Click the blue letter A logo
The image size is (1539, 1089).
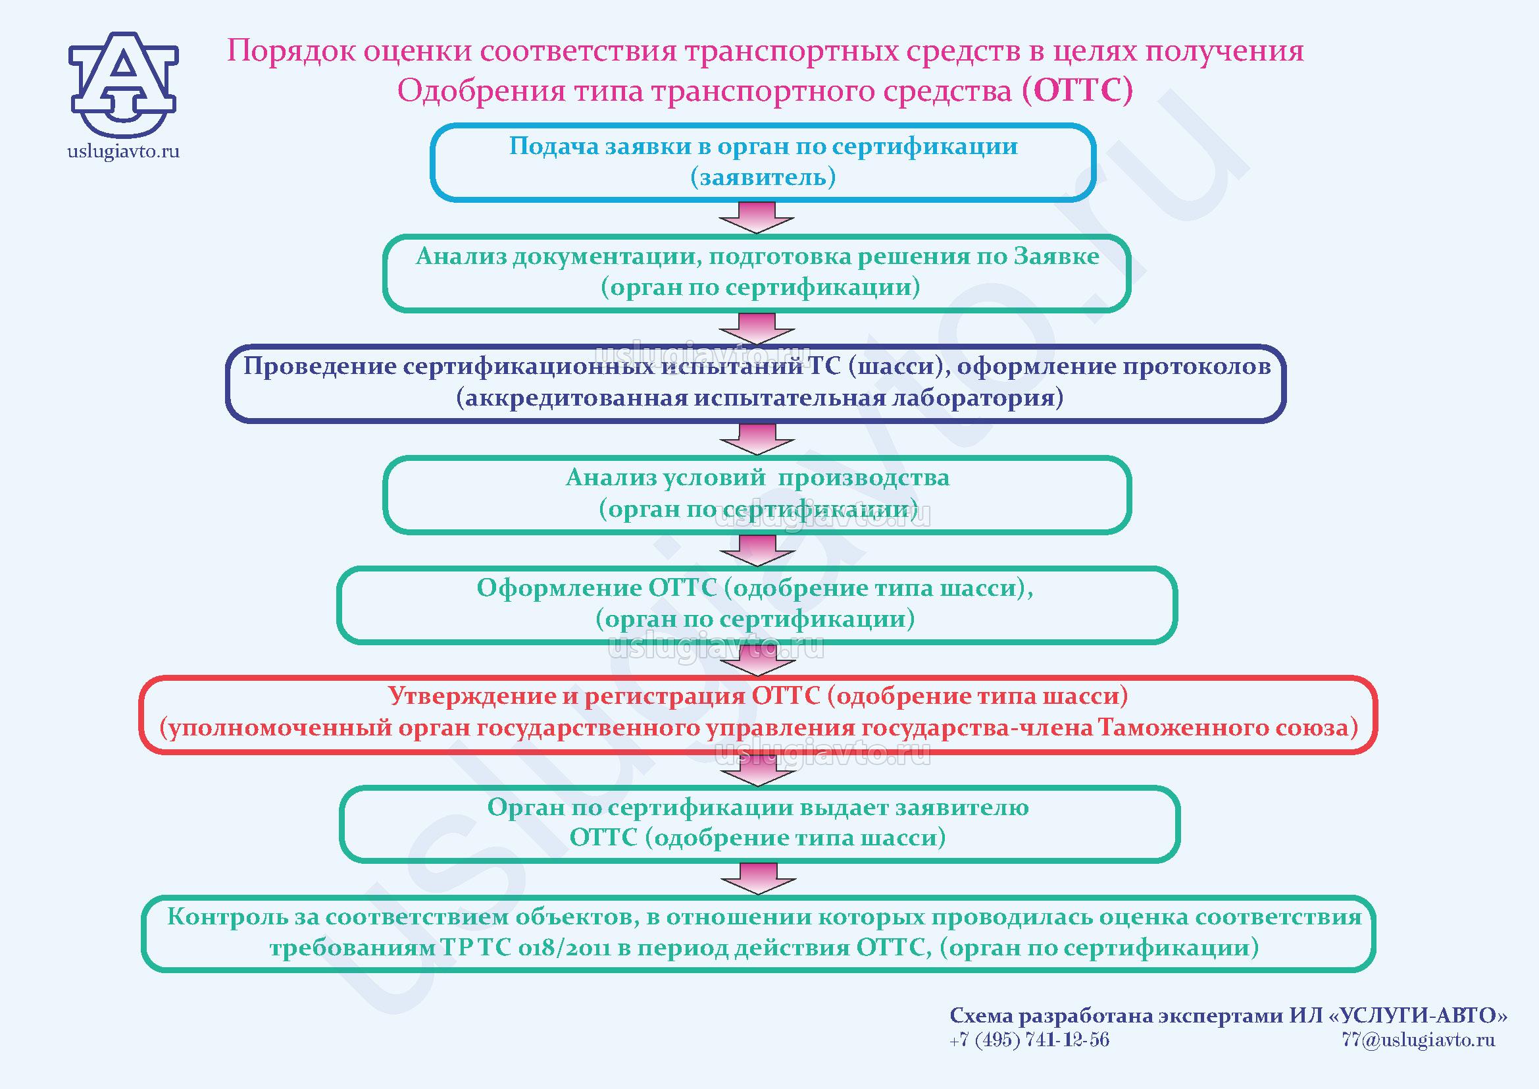click(x=123, y=83)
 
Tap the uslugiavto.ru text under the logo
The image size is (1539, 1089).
click(x=123, y=151)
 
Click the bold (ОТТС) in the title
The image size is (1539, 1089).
click(x=1077, y=90)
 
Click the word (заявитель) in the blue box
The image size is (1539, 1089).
click(x=763, y=177)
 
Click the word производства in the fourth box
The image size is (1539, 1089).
click(x=863, y=477)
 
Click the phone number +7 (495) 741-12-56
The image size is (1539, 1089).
click(x=1029, y=1040)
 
